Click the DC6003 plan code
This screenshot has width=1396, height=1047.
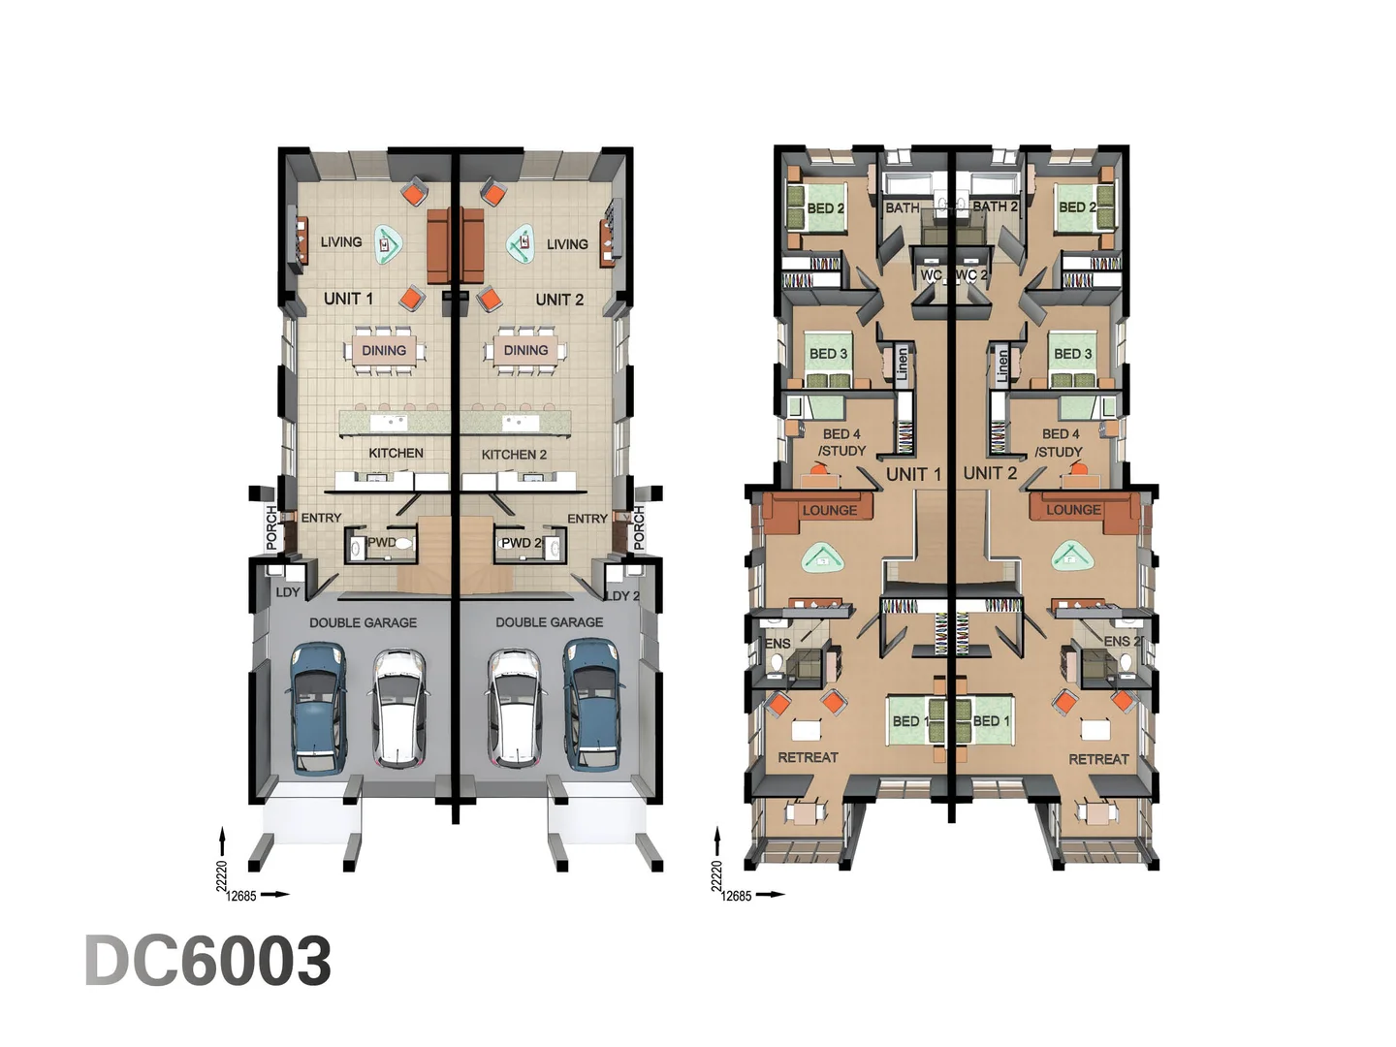pyautogui.click(x=208, y=961)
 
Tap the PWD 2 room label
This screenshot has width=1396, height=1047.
pyautogui.click(x=521, y=544)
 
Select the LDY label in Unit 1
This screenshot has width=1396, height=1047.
pyautogui.click(x=288, y=592)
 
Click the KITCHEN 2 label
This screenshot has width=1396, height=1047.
pyautogui.click(x=514, y=455)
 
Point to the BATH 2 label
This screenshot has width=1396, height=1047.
pyautogui.click(x=996, y=206)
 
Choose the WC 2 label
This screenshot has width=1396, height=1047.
pyautogui.click(x=971, y=275)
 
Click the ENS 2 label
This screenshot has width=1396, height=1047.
pyautogui.click(x=1122, y=642)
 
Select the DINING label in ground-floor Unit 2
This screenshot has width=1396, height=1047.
pyautogui.click(x=526, y=350)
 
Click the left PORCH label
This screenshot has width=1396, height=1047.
pyautogui.click(x=271, y=527)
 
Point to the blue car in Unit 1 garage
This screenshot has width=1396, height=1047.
pyautogui.click(x=319, y=708)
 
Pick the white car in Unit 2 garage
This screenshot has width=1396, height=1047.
pyautogui.click(x=514, y=708)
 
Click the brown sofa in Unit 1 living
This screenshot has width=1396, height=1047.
pyautogui.click(x=438, y=245)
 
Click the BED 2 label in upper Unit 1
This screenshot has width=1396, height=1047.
pyautogui.click(x=826, y=208)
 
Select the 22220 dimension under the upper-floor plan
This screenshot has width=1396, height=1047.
pyautogui.click(x=716, y=876)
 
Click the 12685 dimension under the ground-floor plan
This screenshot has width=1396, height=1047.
pyautogui.click(x=241, y=897)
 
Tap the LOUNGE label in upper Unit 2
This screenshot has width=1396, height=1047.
pyautogui.click(x=1073, y=510)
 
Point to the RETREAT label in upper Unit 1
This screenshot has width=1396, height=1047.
pyautogui.click(x=809, y=757)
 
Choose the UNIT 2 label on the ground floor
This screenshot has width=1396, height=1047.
pyautogui.click(x=559, y=300)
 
